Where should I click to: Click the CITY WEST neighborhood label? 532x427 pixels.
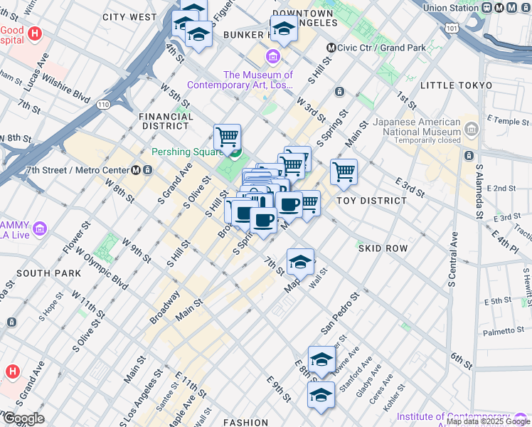point(129,16)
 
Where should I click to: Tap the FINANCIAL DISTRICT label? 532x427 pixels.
point(165,121)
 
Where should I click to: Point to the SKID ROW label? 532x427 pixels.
point(383,248)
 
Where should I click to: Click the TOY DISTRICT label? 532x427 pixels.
point(371,201)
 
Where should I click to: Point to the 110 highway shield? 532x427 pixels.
point(105,104)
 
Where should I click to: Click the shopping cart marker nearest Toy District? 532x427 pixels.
point(344,172)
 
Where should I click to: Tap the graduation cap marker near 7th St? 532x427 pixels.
point(300,262)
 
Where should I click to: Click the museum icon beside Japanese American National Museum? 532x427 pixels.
point(471,129)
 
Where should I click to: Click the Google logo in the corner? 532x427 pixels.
point(23,418)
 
